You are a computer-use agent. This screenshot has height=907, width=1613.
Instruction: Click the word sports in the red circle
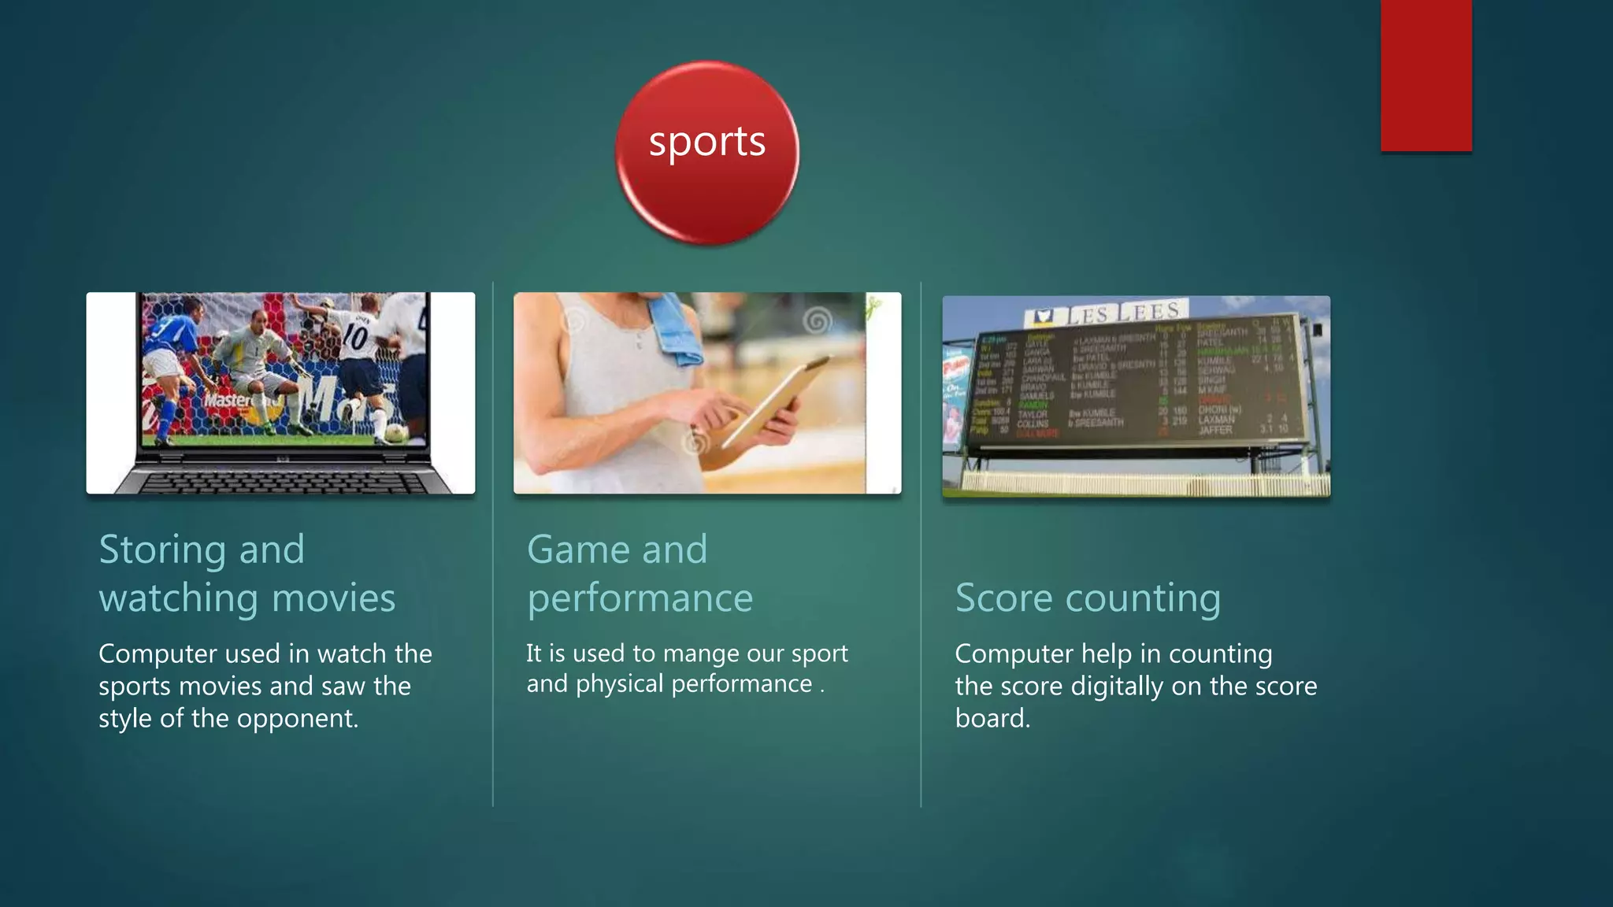click(706, 143)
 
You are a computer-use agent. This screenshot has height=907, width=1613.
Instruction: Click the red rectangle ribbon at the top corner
click(1426, 75)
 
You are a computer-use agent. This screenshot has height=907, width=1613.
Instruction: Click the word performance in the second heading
click(640, 598)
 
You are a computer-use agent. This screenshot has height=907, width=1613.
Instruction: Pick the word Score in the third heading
click(1003, 598)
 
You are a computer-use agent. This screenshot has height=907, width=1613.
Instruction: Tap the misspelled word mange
click(698, 653)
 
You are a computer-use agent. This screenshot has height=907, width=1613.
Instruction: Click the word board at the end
click(991, 719)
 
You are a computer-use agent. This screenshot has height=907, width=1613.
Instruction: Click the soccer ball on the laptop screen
click(395, 433)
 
